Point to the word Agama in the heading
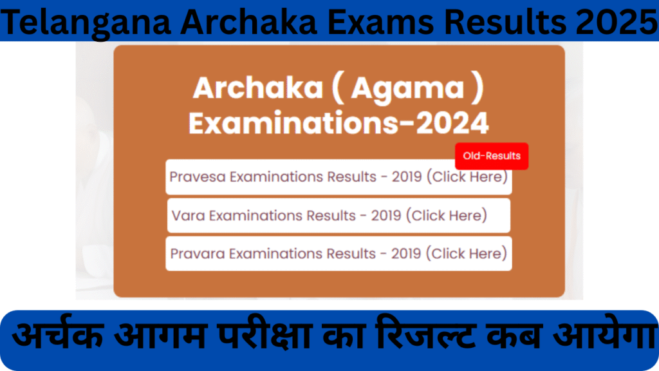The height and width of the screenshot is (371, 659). tap(407, 88)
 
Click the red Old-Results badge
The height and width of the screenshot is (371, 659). tap(492, 156)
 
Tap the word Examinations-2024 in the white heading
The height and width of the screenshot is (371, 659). tap(339, 122)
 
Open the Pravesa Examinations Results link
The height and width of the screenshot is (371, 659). tap(339, 176)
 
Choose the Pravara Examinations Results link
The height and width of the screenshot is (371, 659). tap(339, 254)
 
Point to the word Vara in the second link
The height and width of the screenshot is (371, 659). tap(186, 215)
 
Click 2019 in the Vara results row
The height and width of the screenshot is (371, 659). tap(386, 215)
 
